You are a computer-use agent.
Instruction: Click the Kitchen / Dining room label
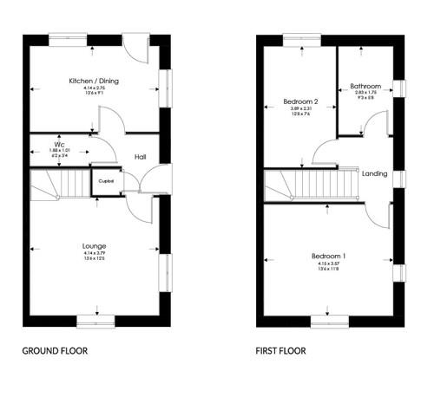pyautogui.click(x=93, y=81)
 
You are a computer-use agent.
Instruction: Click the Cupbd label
pyautogui.click(x=107, y=181)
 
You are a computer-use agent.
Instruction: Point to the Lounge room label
pyautogui.click(x=94, y=246)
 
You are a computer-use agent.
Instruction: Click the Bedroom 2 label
pyautogui.click(x=300, y=101)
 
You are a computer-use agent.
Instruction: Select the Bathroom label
pyautogui.click(x=365, y=86)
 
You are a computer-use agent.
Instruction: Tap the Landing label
pyautogui.click(x=374, y=173)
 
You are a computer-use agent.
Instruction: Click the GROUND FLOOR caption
pyautogui.click(x=55, y=352)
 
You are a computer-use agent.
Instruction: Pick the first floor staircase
pyautogui.click(x=308, y=184)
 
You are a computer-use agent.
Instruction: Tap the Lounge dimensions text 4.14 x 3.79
pyautogui.click(x=94, y=253)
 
